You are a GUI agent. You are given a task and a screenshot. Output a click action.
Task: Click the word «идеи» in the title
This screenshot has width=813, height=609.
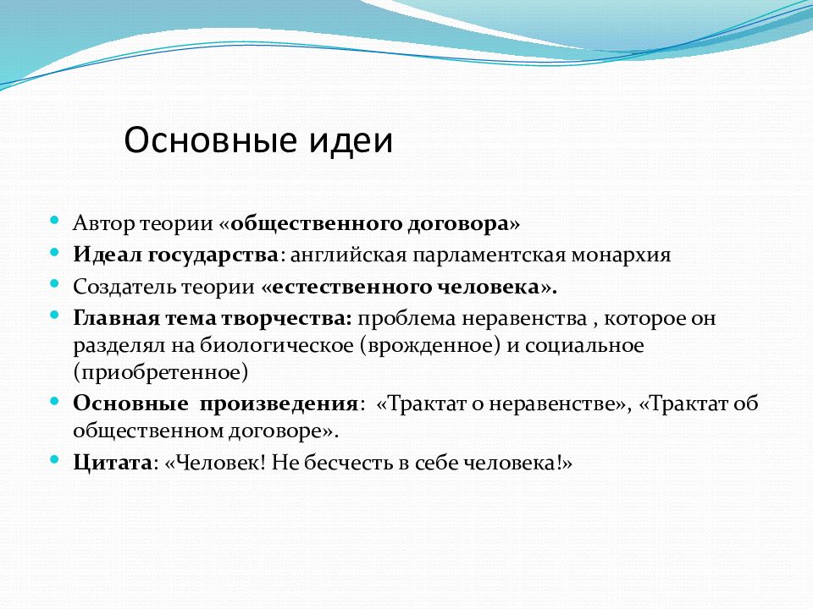[351, 140]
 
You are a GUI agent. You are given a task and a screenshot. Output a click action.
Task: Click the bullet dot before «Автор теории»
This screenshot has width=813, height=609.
[54, 221]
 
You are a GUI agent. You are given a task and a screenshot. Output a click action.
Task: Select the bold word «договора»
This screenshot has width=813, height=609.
[458, 223]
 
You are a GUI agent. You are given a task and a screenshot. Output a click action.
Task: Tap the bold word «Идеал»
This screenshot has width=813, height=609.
[107, 255]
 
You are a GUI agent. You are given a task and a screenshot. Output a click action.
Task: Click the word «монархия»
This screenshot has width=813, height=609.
[621, 255]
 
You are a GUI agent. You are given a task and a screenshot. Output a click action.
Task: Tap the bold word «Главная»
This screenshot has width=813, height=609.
[117, 318]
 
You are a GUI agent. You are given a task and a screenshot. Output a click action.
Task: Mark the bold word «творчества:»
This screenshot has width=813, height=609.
[287, 318]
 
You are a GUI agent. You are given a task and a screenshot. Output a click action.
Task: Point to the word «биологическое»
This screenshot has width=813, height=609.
[277, 345]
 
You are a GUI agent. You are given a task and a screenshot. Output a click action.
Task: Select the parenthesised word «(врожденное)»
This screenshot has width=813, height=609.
[430, 346]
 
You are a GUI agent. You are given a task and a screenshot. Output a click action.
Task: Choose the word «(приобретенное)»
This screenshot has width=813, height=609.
[161, 373]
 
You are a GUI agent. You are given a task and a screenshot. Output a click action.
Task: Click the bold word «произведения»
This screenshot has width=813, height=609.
[279, 403]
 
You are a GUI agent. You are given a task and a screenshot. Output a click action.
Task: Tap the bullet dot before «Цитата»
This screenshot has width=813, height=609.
[54, 459]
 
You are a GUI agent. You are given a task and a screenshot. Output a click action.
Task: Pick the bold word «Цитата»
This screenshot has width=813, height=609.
[113, 463]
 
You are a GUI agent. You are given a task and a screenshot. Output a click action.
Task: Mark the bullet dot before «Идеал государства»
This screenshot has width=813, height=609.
[54, 252]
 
